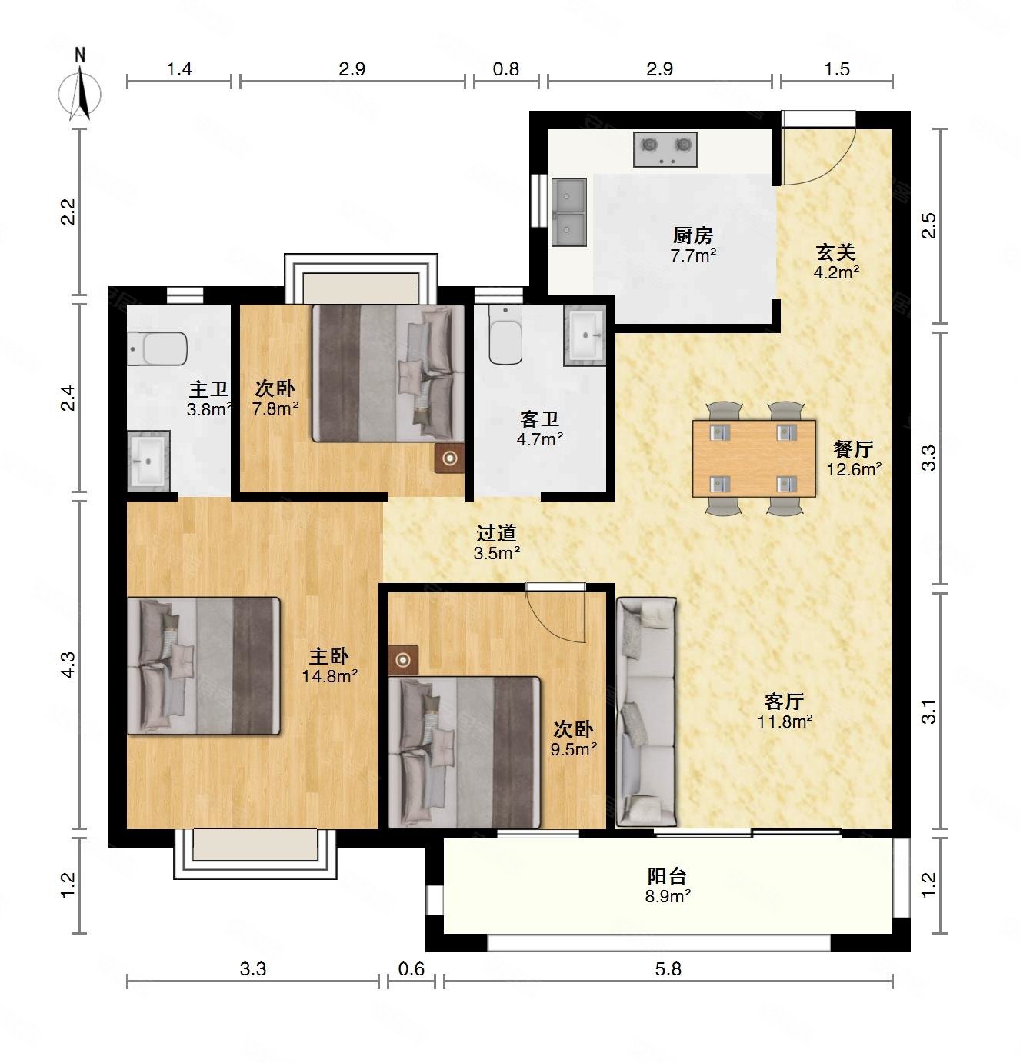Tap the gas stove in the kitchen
pos(665,149)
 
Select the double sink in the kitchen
pos(568,212)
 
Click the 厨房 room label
pos(693,235)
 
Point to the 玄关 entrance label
pos(835,252)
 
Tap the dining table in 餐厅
pos(754,458)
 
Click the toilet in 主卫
pos(158,348)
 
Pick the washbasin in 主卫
pos(148,461)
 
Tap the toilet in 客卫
pos(505,335)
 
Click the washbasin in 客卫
pos(585,335)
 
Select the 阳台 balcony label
pos(667,876)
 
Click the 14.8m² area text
pos(330,676)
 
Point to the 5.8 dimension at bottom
pos(668,969)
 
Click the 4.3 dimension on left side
pos(68,665)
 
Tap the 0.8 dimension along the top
pos(506,68)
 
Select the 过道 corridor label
pos(496,533)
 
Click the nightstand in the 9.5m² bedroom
pos(403,660)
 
